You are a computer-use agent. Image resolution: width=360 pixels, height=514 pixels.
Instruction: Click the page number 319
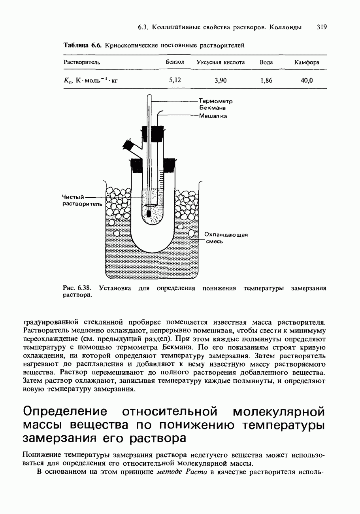pos(321,27)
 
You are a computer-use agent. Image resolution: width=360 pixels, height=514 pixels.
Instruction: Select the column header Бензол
pos(175,62)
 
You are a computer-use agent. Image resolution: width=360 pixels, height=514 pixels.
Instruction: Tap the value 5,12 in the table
pos(175,80)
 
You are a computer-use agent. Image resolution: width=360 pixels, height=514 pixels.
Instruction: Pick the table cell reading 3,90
pos(221,81)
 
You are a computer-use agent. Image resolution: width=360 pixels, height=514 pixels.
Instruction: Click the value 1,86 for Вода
pos(266,81)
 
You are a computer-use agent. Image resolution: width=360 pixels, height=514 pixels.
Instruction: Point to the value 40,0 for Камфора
pos(307,81)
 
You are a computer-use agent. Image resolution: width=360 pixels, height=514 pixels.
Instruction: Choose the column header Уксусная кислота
pos(221,62)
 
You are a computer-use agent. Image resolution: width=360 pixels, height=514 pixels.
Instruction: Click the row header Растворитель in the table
pos(82,62)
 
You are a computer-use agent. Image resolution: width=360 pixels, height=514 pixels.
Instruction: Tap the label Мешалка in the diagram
pos(213,116)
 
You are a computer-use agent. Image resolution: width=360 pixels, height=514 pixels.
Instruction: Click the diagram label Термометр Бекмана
pos(215,104)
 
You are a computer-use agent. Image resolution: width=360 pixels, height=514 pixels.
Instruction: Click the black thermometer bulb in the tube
pos(149,214)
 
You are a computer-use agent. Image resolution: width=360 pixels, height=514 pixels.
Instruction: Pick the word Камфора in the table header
pos(307,62)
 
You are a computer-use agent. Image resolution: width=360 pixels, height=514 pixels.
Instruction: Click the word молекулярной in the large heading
pos(279,411)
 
